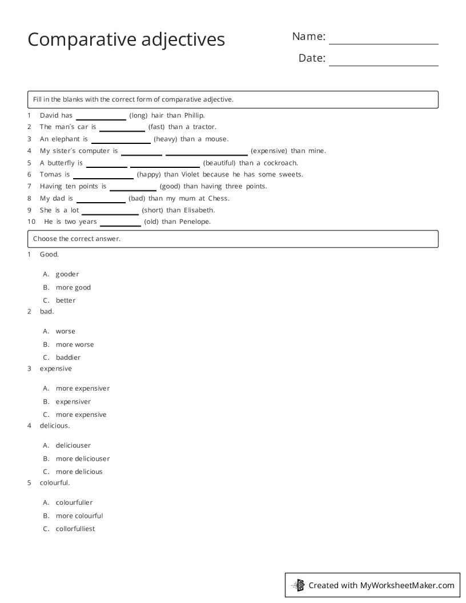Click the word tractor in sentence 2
[204, 127]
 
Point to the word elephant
[66, 139]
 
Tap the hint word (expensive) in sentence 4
[268, 151]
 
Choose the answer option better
[66, 300]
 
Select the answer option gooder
[67, 274]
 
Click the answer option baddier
[68, 357]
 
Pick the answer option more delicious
[79, 472]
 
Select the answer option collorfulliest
[75, 529]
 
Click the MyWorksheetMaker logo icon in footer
[298, 585]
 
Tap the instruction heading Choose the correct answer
[77, 239]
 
